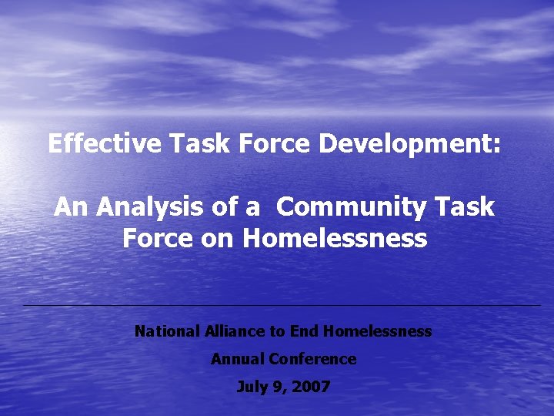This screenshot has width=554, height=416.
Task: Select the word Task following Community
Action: [464, 207]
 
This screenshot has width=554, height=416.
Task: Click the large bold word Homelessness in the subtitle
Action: [335, 238]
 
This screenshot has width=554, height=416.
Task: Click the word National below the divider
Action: [167, 332]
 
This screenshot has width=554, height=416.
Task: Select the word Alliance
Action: [235, 332]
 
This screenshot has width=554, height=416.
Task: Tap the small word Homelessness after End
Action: [378, 332]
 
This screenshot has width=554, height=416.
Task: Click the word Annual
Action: [238, 359]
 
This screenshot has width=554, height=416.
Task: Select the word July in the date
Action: [252, 387]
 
